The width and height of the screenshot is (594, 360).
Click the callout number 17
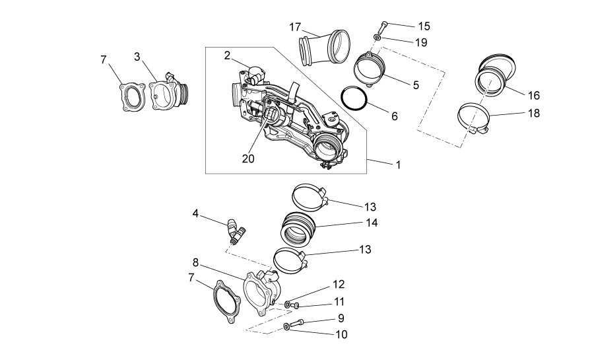295,27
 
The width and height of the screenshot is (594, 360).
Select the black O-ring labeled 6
354,98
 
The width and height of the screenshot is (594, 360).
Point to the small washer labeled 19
377,37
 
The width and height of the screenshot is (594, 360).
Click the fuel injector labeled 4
235,231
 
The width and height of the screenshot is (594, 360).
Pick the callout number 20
248,159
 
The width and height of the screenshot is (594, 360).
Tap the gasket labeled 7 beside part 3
133,97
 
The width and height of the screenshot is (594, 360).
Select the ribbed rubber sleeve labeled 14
298,229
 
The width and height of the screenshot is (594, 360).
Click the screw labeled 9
298,323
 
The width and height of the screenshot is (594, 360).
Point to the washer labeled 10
286,326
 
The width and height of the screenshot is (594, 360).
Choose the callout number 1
398,165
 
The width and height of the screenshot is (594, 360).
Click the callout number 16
533,96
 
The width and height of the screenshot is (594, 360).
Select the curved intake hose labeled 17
324,48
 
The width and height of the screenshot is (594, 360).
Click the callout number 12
339,284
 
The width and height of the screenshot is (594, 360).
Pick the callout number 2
227,55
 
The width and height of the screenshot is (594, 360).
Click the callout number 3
137,57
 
